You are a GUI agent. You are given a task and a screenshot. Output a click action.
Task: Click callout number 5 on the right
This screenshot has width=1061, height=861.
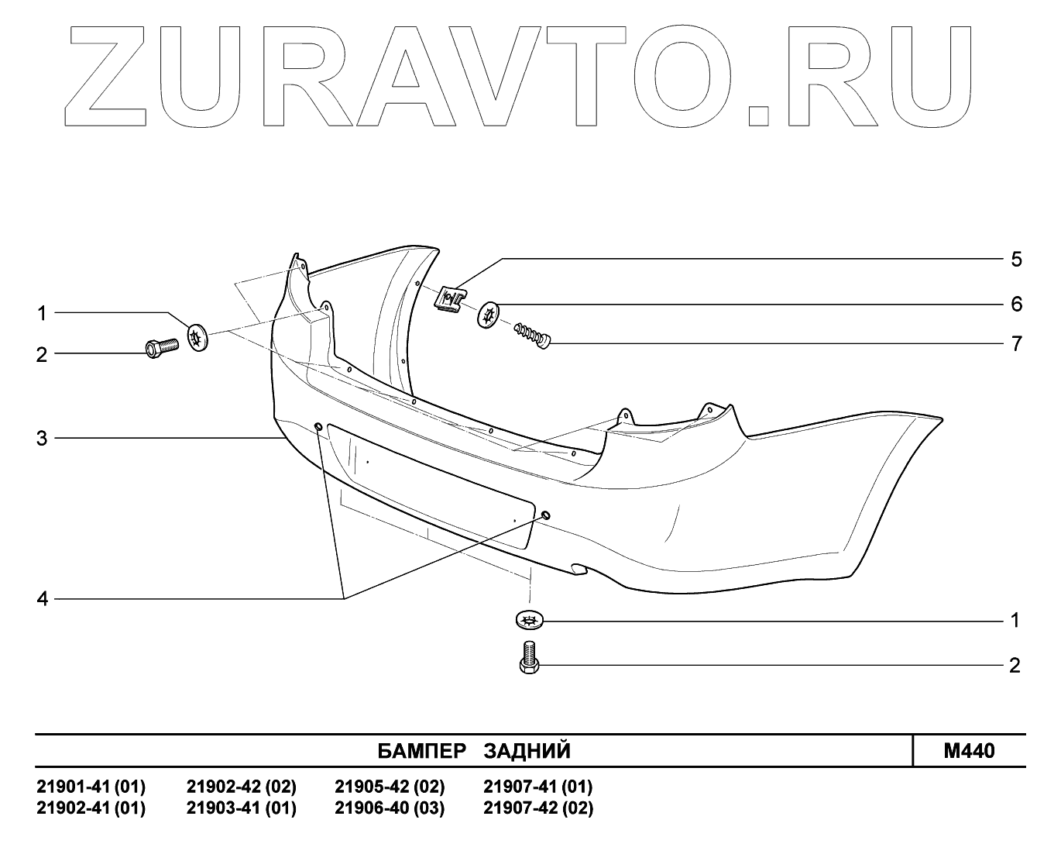(1016, 259)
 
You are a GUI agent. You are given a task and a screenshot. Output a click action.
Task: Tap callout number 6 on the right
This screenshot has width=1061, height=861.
(1016, 304)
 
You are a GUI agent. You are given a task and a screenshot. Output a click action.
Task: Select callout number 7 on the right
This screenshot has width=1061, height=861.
(1016, 343)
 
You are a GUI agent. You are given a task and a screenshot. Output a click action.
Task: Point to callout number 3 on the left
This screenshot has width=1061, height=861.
(42, 439)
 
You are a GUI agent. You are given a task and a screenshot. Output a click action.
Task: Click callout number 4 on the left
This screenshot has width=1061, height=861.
(42, 599)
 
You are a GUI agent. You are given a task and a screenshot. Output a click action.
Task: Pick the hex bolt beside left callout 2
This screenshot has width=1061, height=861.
(161, 348)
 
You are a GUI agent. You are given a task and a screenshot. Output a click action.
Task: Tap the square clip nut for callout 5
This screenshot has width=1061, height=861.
(451, 299)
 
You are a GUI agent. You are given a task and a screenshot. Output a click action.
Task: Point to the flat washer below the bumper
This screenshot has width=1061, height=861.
(530, 620)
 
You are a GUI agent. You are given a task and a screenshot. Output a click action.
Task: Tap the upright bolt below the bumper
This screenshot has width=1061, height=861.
(529, 657)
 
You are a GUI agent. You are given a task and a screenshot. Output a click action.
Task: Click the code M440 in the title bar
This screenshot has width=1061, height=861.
(969, 751)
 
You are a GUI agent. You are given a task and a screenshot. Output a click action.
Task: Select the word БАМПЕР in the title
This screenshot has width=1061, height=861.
(422, 751)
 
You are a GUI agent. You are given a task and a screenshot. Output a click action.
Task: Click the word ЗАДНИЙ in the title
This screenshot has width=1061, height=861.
(527, 751)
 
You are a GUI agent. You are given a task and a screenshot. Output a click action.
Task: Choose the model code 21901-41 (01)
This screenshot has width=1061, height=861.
(91, 787)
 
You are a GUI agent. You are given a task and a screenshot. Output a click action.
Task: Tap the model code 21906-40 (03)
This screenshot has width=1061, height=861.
(390, 808)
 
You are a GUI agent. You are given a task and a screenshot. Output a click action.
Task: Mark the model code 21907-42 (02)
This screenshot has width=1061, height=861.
(538, 808)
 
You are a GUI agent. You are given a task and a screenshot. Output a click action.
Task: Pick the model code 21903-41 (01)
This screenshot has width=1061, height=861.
(242, 808)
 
